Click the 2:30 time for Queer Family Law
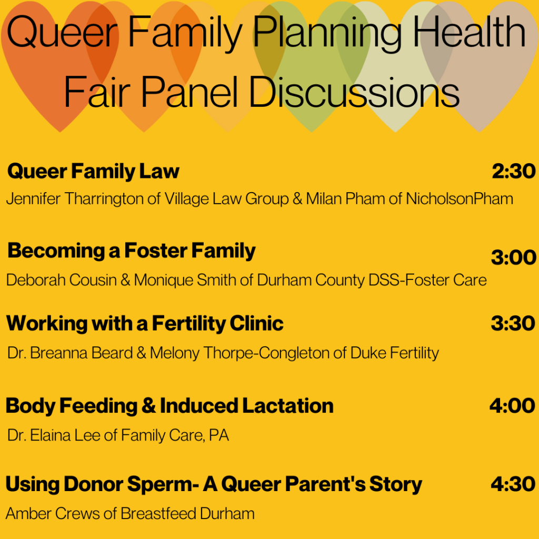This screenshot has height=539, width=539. pos(513,171)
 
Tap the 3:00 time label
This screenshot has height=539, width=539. pos(513,257)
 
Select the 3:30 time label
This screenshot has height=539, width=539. pos(513,324)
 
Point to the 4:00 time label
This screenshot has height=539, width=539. pos(512,406)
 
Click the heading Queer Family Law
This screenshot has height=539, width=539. pos(93,171)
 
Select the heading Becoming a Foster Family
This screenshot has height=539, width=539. pos(131,251)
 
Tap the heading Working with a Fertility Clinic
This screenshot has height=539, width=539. pos(145,324)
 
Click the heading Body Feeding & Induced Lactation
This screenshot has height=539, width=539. pos(169,406)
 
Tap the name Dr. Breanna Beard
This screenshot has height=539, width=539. pos(70,353)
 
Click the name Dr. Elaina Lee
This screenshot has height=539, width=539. pos(54,435)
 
